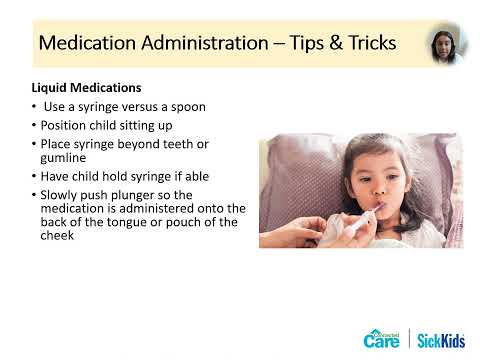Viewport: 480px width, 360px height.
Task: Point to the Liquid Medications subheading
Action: click(84, 88)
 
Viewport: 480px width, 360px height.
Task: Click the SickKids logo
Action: click(442, 338)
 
